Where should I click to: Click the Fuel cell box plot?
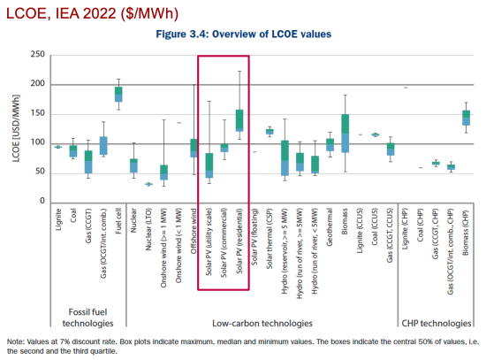point(118,93)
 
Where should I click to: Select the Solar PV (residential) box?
point(239,120)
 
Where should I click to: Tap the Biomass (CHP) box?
point(466,118)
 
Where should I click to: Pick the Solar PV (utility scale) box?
point(209,166)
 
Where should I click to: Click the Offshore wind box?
point(194,148)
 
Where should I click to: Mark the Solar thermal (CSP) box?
point(270,132)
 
